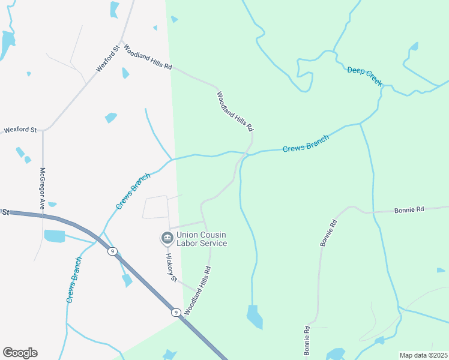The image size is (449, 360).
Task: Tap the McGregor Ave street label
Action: (43, 188)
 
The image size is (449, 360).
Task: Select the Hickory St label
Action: (170, 267)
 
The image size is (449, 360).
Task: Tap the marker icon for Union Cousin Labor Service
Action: (166, 239)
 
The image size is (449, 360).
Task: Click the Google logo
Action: (20, 353)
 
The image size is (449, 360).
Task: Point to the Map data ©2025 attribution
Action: (424, 355)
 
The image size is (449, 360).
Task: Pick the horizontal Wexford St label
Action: (20, 129)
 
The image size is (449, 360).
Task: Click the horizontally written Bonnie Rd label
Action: (409, 210)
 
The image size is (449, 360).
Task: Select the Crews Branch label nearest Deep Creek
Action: (306, 143)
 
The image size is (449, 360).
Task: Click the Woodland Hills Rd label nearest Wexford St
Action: (148, 57)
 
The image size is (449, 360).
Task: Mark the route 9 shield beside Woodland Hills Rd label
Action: (176, 312)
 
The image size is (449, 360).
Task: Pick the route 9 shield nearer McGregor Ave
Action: (112, 251)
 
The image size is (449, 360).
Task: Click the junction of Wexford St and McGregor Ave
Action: (43, 130)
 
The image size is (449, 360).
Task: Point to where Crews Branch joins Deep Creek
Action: (361, 124)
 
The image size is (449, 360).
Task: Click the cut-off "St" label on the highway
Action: (6, 212)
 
